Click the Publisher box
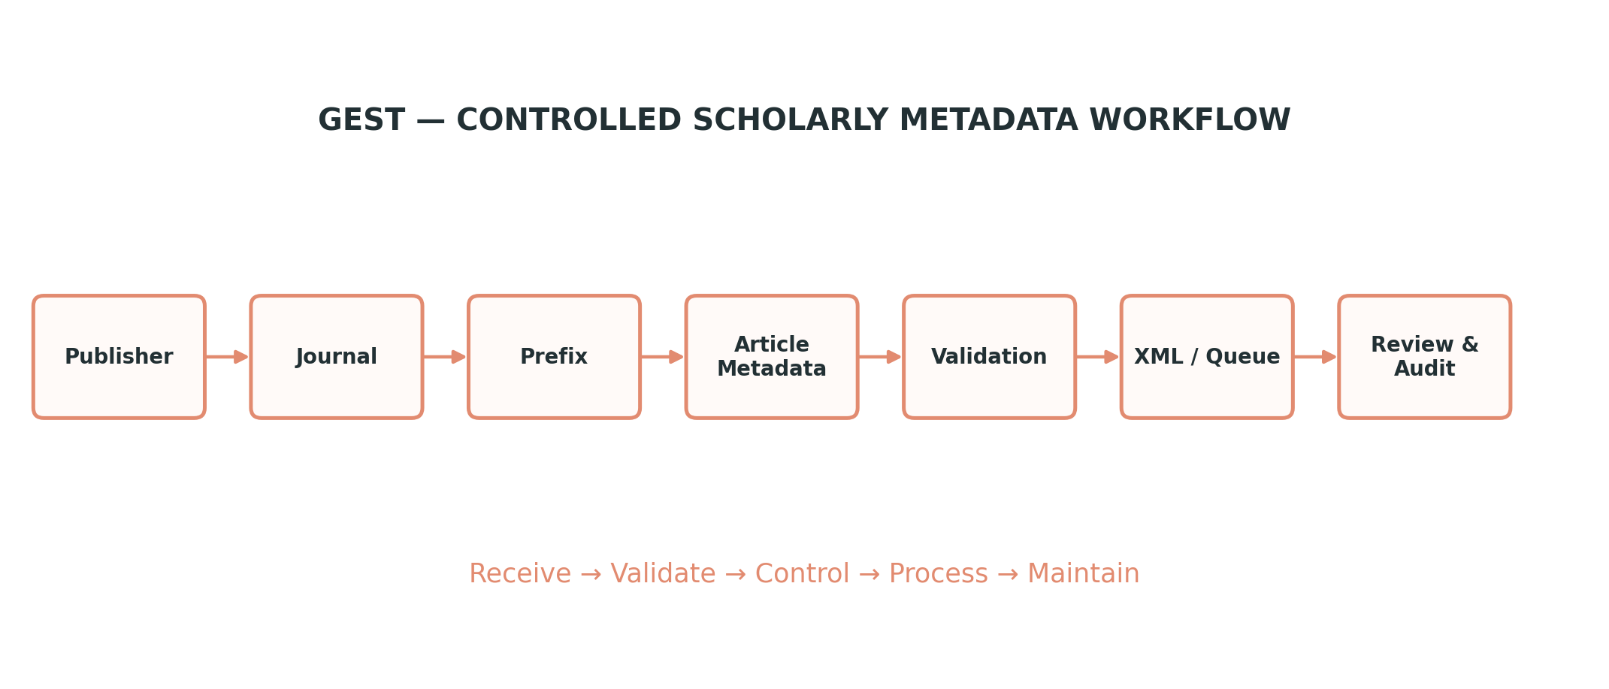[119, 357]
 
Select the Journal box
[337, 357]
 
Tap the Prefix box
[554, 357]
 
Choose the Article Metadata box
[772, 357]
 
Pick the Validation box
[989, 357]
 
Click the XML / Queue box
[1207, 357]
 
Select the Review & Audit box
[1424, 357]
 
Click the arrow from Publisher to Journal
[227, 357]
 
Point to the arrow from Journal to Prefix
[445, 357]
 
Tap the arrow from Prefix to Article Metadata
[662, 357]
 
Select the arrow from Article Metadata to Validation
[880, 357]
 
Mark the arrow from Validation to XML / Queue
[1097, 357]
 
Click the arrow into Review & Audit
[1315, 357]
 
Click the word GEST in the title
[361, 120]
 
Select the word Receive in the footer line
[520, 574]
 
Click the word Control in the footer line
[802, 574]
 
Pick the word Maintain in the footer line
[1083, 574]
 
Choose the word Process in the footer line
[938, 574]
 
